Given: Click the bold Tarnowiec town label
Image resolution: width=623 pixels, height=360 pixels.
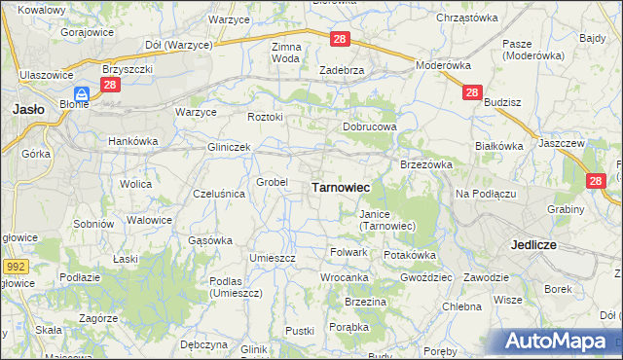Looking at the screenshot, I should (x=340, y=187).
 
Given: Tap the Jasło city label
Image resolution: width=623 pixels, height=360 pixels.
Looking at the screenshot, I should (x=26, y=110).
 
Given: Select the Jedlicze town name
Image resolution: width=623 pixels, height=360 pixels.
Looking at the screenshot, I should (x=532, y=245).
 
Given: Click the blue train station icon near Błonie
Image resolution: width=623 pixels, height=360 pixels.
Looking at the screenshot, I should (x=84, y=94).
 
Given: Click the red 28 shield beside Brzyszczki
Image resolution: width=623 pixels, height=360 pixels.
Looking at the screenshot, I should (x=110, y=85).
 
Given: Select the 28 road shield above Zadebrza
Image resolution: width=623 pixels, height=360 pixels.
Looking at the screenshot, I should (x=339, y=39).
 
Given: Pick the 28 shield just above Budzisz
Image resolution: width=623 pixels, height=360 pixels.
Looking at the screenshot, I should (x=472, y=92).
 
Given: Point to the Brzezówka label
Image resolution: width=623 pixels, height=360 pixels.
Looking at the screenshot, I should (x=426, y=164).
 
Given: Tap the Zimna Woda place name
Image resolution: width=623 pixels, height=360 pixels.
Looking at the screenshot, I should (x=286, y=53).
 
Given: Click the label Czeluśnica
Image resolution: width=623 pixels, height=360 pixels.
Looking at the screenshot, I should (x=219, y=194).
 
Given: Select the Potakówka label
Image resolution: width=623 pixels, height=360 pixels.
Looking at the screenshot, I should (x=409, y=255).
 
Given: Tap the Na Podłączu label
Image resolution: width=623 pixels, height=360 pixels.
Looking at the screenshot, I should (x=485, y=194).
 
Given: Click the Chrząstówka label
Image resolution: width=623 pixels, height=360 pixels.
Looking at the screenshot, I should (x=467, y=18).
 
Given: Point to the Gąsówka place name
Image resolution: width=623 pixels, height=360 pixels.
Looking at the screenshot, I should (x=209, y=239).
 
